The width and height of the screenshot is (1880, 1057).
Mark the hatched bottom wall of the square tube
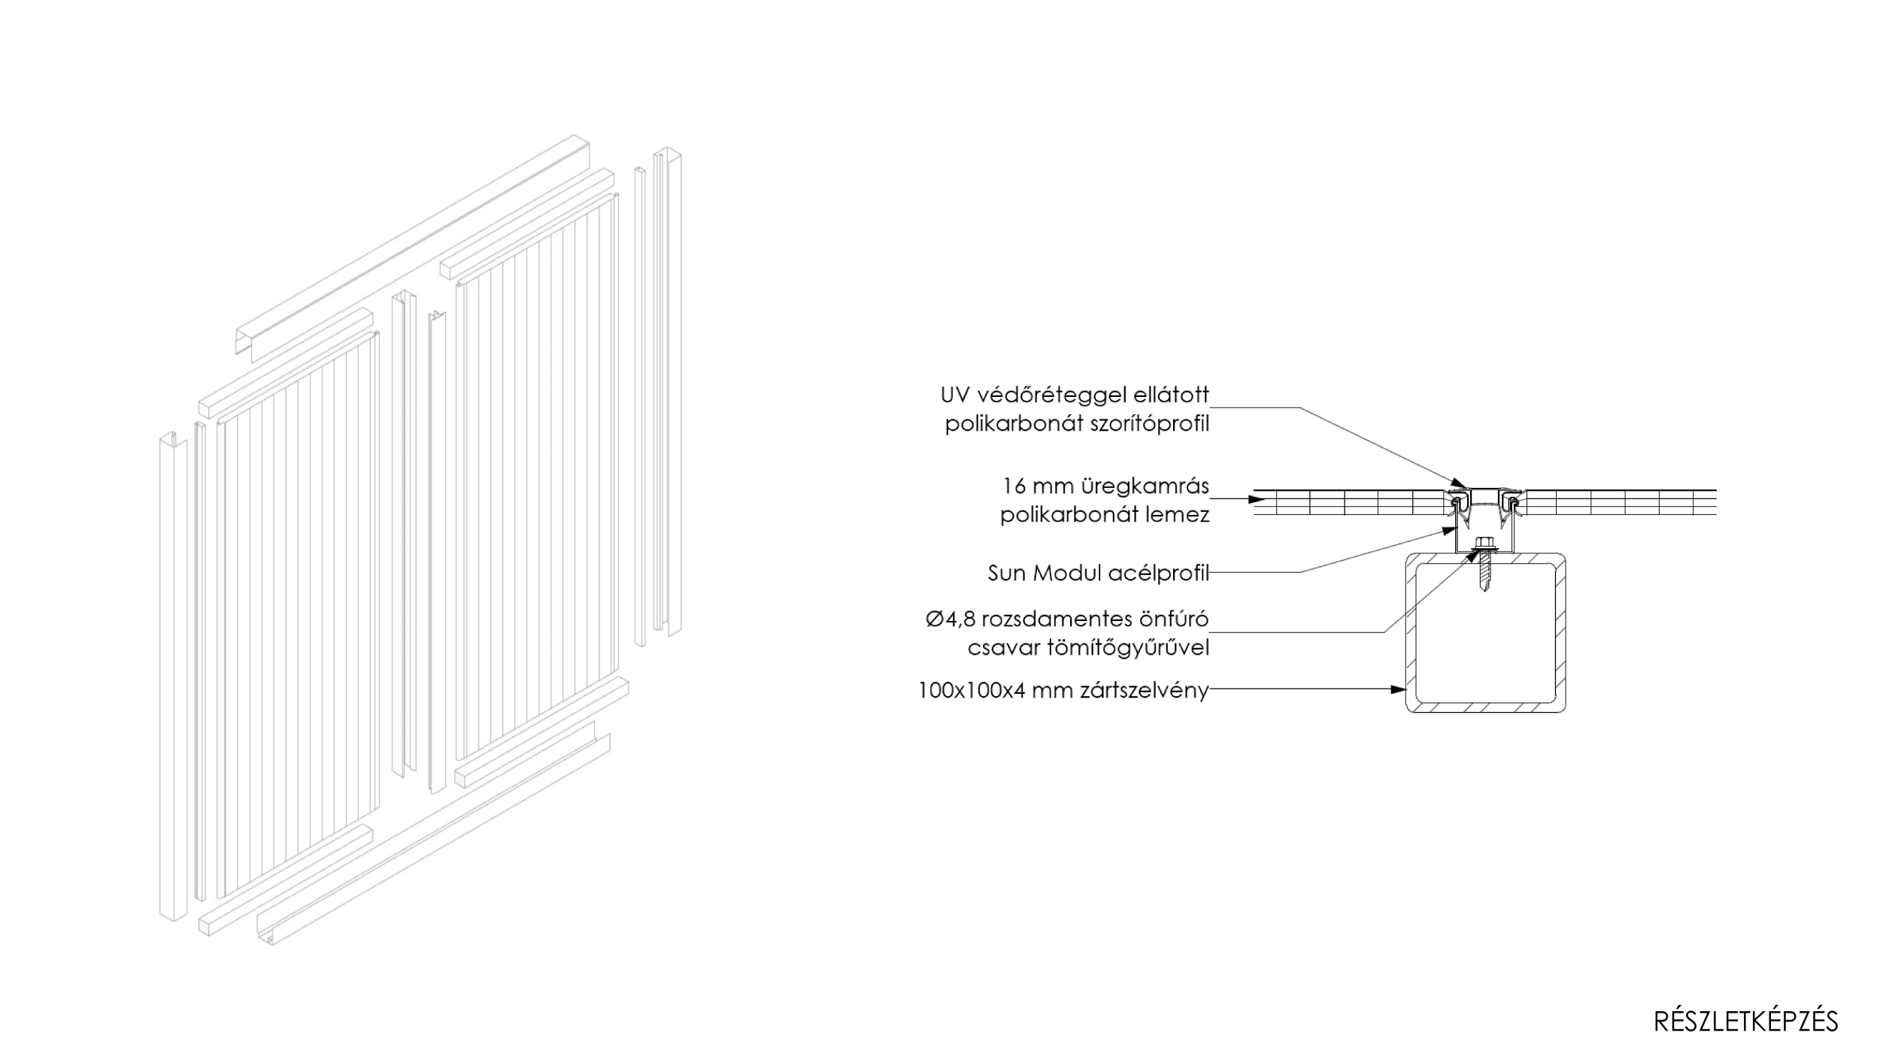click(x=1485, y=706)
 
